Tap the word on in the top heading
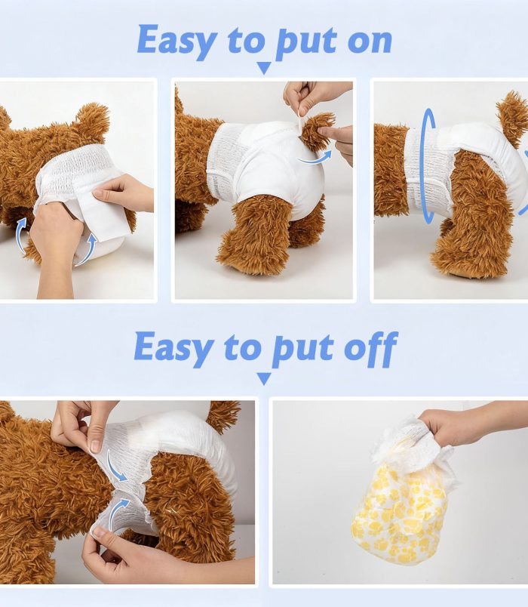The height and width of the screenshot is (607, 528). click(370, 42)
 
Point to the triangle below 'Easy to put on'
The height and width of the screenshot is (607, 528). click(264, 68)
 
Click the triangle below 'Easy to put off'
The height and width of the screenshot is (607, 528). click(264, 378)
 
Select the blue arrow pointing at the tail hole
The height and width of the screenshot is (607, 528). click(314, 157)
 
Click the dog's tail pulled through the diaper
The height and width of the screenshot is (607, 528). click(318, 131)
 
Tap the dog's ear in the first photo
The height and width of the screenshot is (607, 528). click(94, 118)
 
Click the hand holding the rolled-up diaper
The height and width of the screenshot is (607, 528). click(456, 424)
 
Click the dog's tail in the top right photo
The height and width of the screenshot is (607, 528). click(511, 116)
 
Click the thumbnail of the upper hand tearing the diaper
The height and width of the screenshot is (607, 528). click(95, 446)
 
